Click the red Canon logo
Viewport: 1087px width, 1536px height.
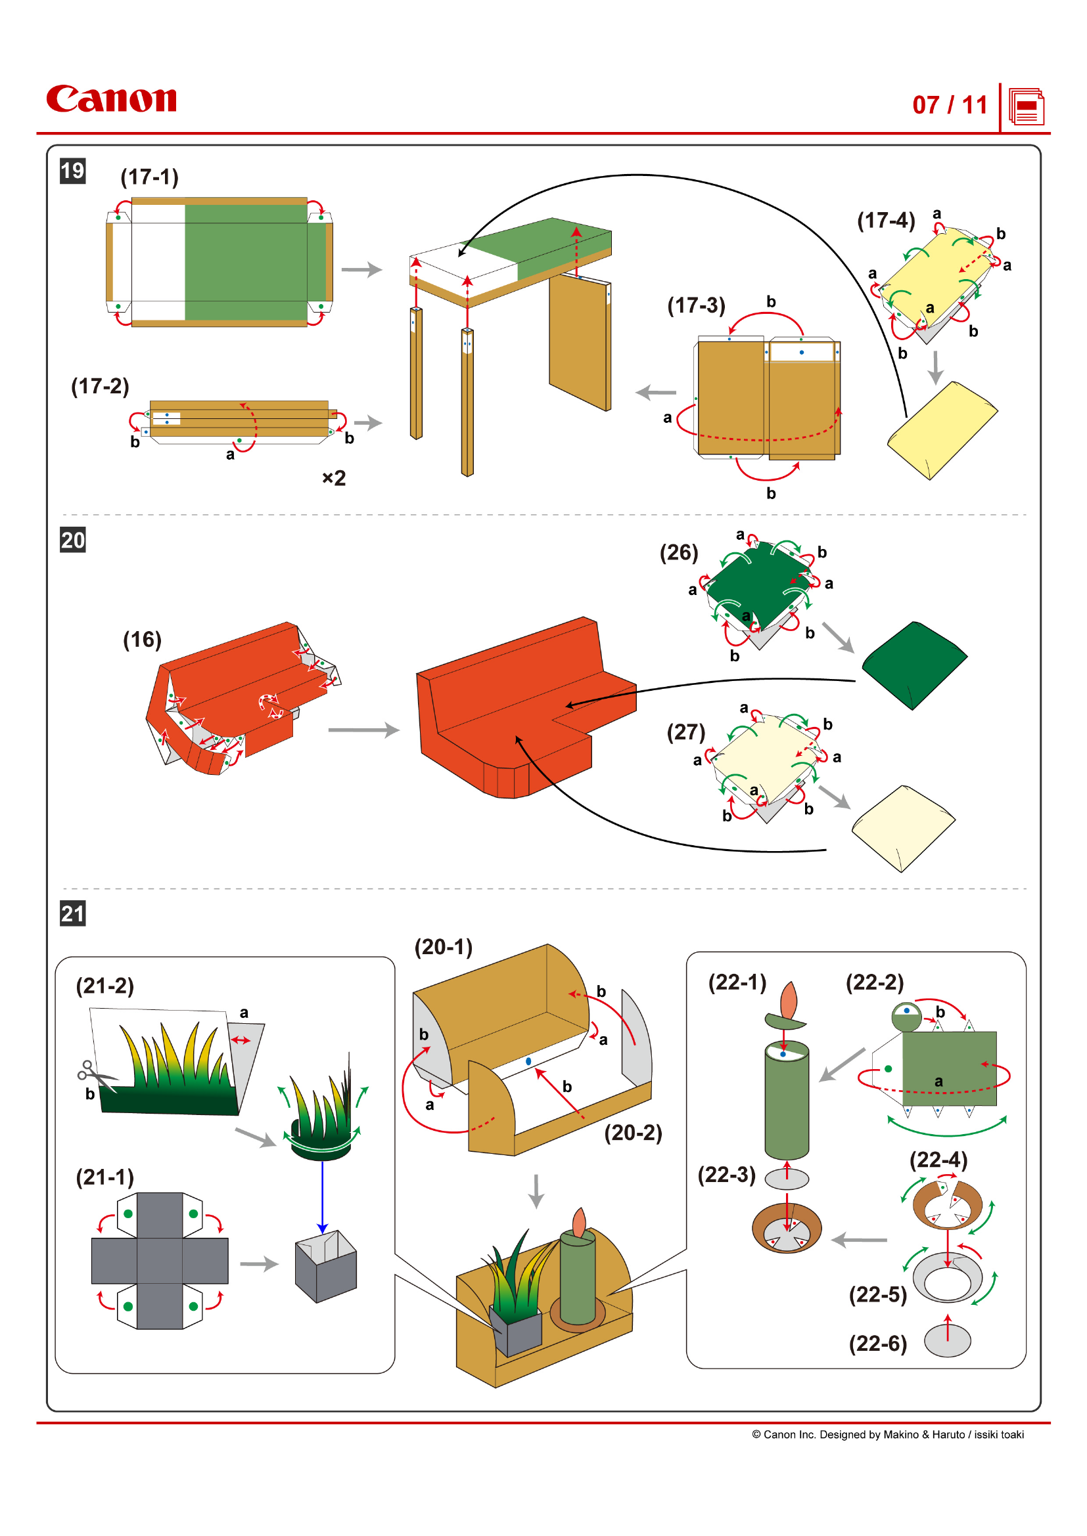(111, 99)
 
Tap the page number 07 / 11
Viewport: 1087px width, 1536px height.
(949, 105)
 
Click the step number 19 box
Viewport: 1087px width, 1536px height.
(72, 171)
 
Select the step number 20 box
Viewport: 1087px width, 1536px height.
(72, 540)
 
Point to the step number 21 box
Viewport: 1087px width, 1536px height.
(72, 913)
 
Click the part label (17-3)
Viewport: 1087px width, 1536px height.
(696, 306)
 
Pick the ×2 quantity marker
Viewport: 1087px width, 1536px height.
(333, 477)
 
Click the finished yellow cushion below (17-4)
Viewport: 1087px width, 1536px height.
(942, 430)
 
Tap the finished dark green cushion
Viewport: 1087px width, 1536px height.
(914, 665)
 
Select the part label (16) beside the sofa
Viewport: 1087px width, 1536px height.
(142, 640)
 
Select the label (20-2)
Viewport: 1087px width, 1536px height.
(632, 1133)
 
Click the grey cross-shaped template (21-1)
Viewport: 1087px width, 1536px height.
(159, 1260)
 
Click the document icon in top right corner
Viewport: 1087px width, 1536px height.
(1026, 106)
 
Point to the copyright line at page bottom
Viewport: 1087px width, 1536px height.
(887, 1434)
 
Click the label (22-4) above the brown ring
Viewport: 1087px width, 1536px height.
(938, 1159)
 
